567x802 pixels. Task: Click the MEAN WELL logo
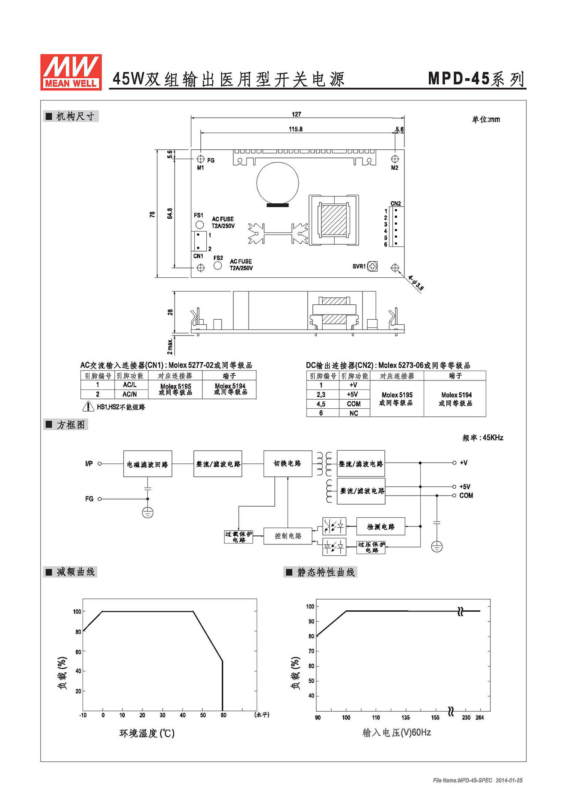coord(71,72)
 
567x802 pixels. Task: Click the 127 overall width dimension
coord(297,114)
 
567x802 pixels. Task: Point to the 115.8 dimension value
coord(296,129)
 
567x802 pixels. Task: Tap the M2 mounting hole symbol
coord(395,159)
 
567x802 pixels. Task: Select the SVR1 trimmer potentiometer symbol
coord(373,266)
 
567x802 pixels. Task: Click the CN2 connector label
coord(396,203)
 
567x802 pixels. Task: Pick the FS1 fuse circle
coord(199,224)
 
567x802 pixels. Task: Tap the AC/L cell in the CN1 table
coord(130,385)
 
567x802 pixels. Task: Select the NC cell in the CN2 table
coord(354,413)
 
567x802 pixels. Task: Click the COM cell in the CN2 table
coord(354,404)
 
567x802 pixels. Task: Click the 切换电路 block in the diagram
coord(287,463)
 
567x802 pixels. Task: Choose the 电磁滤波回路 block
coord(148,463)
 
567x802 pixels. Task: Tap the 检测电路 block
coord(381,526)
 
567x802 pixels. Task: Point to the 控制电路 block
coord(288,536)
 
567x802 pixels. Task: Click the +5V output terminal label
coord(465,487)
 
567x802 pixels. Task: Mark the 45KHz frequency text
coord(493,437)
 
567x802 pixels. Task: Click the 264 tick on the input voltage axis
coord(480,717)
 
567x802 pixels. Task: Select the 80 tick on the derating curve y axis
coord(78,632)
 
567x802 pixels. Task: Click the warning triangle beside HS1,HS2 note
coord(88,406)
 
